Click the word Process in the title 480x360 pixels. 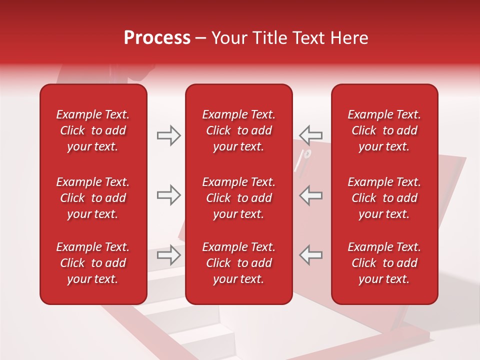[157, 38]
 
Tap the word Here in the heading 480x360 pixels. [348, 38]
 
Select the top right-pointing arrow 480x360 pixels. [169, 135]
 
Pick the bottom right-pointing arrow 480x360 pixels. [169, 255]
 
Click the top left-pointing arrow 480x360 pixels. [311, 135]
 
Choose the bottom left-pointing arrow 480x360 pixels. [311, 255]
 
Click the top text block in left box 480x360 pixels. [93, 130]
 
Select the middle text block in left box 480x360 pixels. [93, 198]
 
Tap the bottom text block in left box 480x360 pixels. [93, 263]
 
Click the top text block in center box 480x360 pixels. [239, 130]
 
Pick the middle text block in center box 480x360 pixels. [239, 198]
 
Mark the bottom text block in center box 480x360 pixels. [239, 263]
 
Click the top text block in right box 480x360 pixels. [384, 130]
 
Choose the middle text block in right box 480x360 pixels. [384, 198]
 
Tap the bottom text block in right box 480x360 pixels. [384, 263]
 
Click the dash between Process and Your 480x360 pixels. [201, 39]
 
